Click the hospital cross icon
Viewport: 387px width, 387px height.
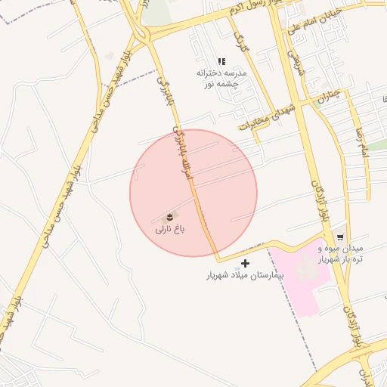click(x=245, y=263)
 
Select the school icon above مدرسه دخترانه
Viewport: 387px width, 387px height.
click(x=221, y=61)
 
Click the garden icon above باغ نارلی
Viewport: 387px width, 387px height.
click(x=169, y=216)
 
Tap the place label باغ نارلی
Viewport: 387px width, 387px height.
click(x=170, y=228)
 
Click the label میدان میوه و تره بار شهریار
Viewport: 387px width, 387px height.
click(x=339, y=253)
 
